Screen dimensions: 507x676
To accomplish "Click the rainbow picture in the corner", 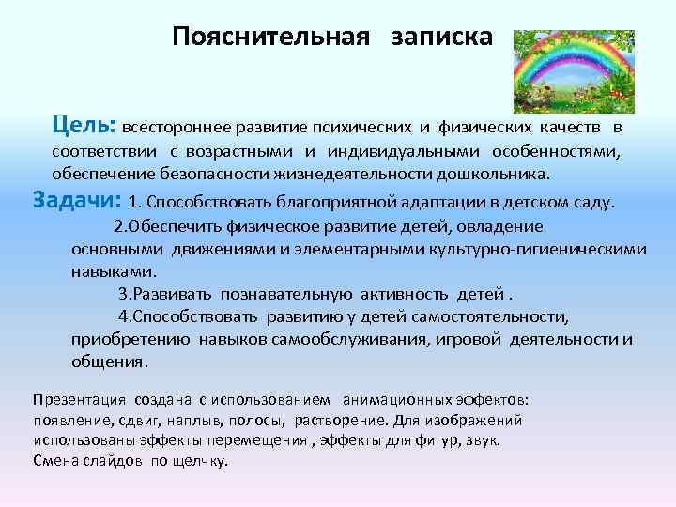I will click(x=576, y=70).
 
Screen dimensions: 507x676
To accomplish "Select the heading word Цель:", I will click(x=84, y=125).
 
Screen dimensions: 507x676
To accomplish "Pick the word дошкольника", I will click(x=494, y=175).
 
